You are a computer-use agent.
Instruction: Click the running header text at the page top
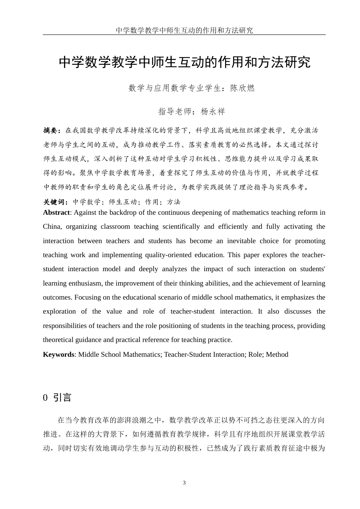(x=184, y=30)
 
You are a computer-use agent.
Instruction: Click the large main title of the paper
(x=184, y=62)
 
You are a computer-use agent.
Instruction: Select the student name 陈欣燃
(x=243, y=88)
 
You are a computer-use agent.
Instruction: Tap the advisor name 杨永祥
(x=213, y=111)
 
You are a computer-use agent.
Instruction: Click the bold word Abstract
(x=56, y=212)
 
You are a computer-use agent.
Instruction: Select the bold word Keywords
(x=58, y=354)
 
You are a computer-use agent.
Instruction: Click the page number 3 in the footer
(x=184, y=482)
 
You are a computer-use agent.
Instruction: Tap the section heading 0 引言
(x=57, y=398)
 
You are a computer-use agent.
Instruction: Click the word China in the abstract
(x=52, y=227)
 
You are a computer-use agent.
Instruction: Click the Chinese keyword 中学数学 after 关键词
(x=87, y=202)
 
